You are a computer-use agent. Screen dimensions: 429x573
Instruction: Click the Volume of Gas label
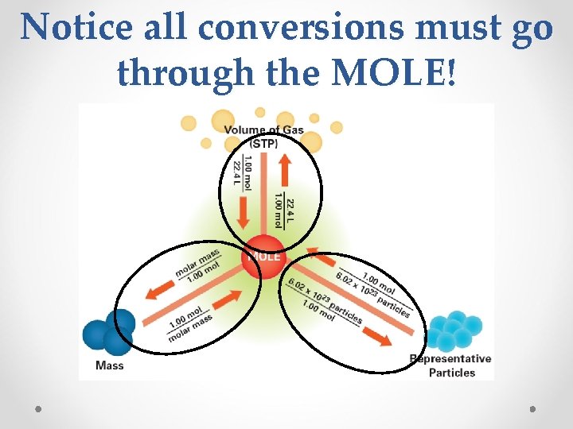click(263, 130)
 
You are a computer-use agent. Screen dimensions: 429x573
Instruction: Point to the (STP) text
click(263, 144)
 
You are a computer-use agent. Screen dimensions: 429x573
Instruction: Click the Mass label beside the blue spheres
click(109, 365)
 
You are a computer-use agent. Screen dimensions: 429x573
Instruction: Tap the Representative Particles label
click(451, 365)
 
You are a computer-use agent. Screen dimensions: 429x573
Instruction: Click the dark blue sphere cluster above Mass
click(109, 330)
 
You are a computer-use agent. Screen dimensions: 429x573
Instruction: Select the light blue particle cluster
click(454, 330)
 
